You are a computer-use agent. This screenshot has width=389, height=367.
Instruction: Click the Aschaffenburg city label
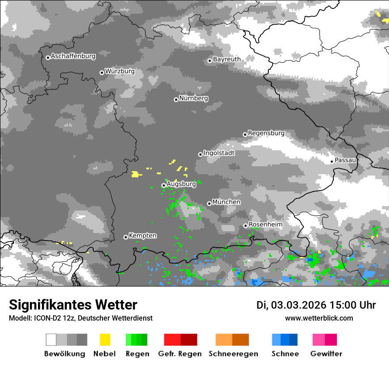73,56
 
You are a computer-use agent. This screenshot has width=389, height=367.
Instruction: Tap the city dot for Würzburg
102,73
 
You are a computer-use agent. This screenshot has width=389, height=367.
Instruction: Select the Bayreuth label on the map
227,59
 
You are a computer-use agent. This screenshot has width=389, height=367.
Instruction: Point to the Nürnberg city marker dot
176,99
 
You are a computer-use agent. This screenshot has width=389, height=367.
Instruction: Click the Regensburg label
266,133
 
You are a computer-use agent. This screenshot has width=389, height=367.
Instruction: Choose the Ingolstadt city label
219,153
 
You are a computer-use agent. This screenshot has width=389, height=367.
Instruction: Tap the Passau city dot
332,161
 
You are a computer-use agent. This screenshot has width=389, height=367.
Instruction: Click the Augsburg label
181,183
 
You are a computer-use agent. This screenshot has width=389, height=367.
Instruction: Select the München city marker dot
209,203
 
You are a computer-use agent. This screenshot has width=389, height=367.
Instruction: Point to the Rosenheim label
265,225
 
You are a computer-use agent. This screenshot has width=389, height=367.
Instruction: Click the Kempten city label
142,236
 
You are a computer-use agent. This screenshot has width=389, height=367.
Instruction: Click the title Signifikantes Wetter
73,305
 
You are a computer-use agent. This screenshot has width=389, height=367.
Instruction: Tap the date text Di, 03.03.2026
291,305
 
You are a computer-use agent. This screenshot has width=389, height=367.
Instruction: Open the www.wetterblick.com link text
319,318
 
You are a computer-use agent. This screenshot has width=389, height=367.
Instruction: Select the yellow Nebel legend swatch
105,340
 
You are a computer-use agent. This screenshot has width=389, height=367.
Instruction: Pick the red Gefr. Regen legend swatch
180,340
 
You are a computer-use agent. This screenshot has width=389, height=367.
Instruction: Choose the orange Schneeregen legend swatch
232,340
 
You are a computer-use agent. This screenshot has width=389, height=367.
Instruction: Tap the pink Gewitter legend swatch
325,340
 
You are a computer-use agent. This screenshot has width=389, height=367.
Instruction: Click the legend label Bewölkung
65,354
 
